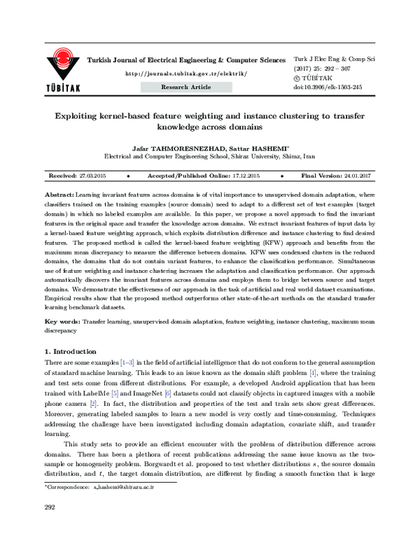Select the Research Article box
click(x=185, y=87)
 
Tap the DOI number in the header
click(x=337, y=87)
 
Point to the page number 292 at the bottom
click(x=50, y=526)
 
